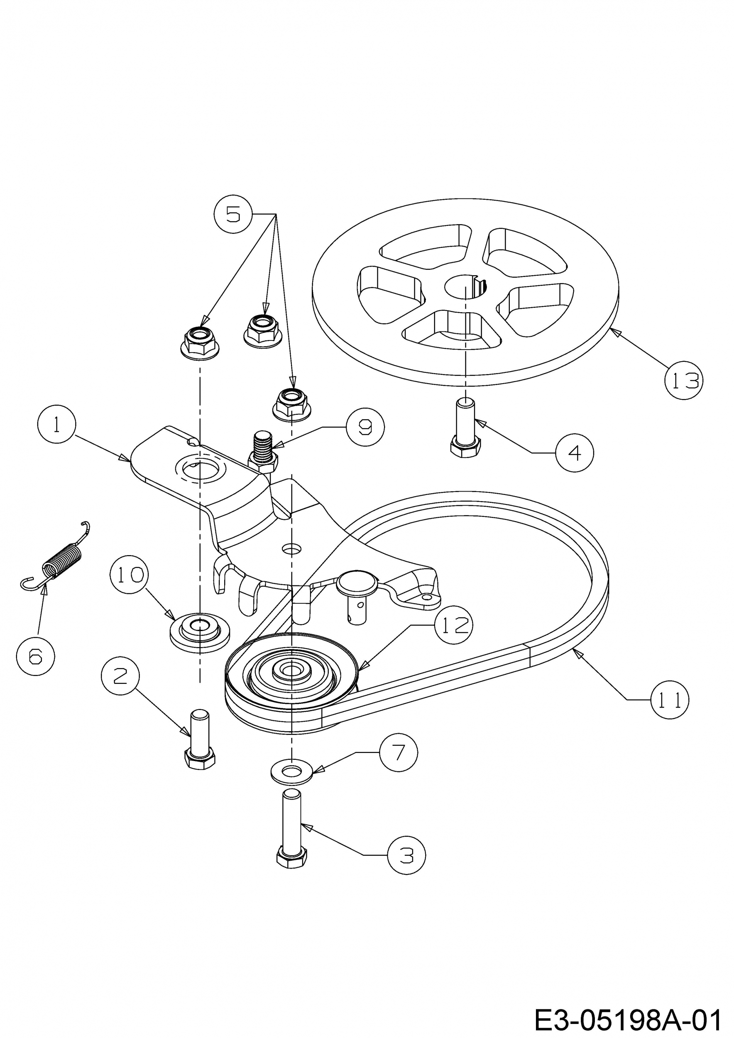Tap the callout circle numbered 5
233,214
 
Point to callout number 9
365,427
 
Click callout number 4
574,453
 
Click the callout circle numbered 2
120,676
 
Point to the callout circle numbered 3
406,855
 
